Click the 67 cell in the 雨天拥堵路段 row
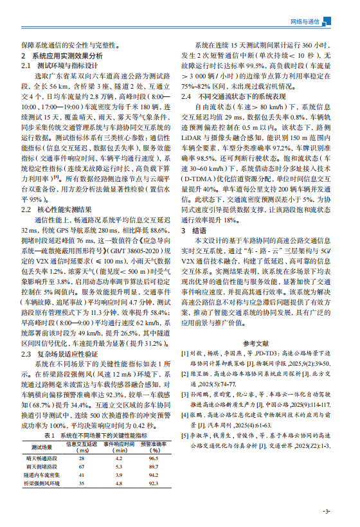[x=81, y=466]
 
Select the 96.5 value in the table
[x=154, y=458]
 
